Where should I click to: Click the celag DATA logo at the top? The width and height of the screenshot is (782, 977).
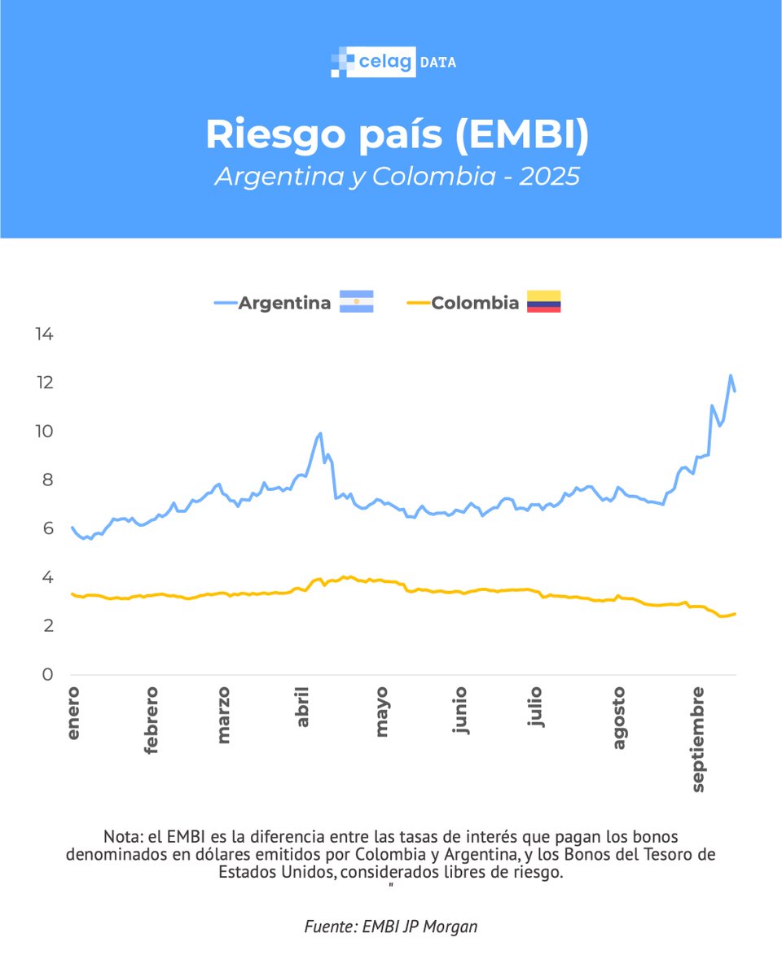[393, 62]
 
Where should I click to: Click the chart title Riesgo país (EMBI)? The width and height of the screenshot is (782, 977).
[397, 135]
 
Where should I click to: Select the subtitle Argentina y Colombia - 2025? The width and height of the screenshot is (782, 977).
[397, 177]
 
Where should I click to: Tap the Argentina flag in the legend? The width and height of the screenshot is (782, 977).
[356, 302]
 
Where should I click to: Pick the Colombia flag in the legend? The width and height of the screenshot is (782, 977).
[543, 302]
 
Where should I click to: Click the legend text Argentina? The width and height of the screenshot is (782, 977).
[284, 303]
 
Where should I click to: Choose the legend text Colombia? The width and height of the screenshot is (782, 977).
[475, 303]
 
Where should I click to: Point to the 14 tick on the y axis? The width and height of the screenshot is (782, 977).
[44, 334]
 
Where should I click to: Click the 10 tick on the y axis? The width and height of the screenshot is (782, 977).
[44, 432]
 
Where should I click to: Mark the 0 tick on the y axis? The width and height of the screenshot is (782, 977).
[49, 675]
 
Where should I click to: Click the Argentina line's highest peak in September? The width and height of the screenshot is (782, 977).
[731, 375]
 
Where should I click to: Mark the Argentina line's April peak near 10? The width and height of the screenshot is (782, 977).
[320, 433]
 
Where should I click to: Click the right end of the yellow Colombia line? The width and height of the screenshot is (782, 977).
[735, 614]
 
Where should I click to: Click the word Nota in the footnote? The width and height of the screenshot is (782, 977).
[121, 837]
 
